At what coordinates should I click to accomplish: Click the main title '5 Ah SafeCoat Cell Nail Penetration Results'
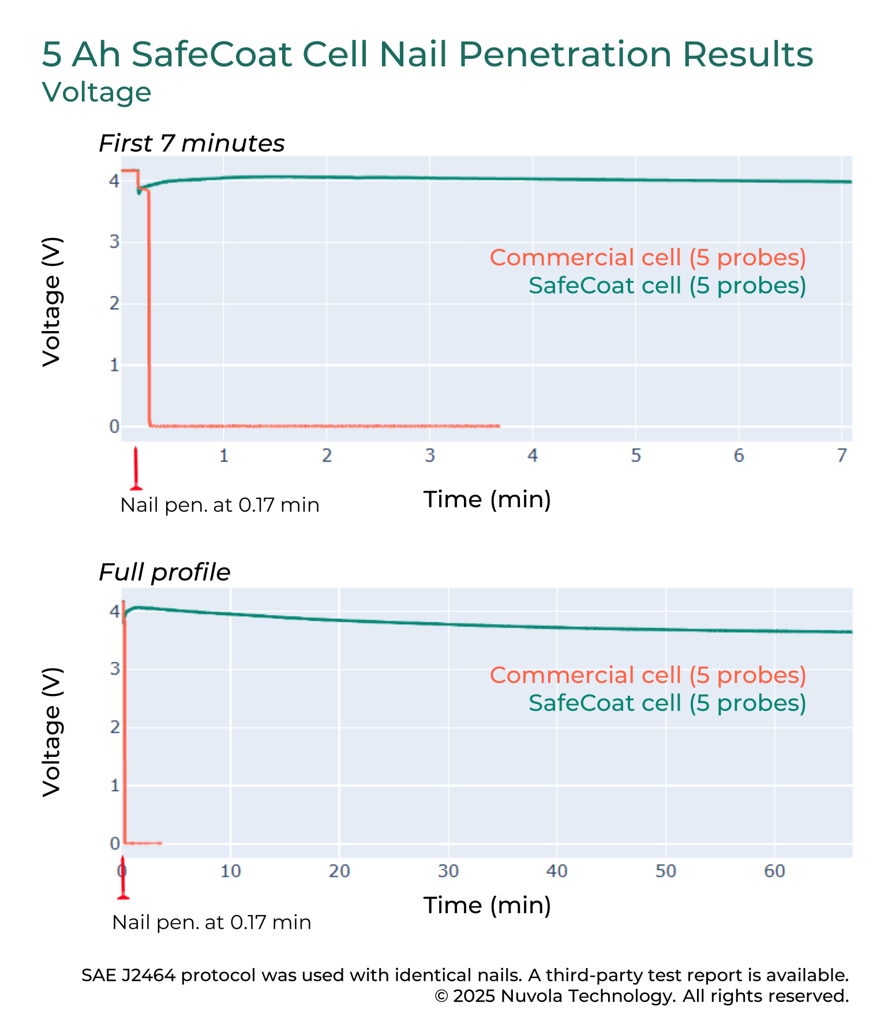coord(427,55)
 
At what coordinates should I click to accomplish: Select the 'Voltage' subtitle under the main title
coord(96,92)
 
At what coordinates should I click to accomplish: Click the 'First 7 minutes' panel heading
coord(192,143)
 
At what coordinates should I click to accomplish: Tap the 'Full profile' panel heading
coord(164,572)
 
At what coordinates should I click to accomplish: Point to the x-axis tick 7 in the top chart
coord(842,456)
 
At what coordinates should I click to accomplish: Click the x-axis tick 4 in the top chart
coord(533,456)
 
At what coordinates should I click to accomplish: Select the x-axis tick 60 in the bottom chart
coord(774,871)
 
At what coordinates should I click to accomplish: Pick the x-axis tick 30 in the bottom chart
coord(448,871)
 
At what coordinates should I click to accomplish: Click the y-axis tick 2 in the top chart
coord(114,303)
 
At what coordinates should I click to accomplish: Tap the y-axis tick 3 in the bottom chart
coord(114,669)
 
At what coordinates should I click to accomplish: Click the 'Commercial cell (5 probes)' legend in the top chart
coord(647,257)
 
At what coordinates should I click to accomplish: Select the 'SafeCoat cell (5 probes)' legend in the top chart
coord(667,285)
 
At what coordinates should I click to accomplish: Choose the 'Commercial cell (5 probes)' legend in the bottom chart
coord(647,675)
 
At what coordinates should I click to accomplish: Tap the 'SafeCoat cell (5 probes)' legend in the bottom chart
coord(667,703)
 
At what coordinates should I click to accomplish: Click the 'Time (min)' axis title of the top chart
coord(487,499)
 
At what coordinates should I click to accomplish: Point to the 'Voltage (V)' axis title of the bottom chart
coord(52,733)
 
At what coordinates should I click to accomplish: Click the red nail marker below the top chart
coord(136,468)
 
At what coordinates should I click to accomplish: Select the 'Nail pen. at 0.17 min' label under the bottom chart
coord(211,922)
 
